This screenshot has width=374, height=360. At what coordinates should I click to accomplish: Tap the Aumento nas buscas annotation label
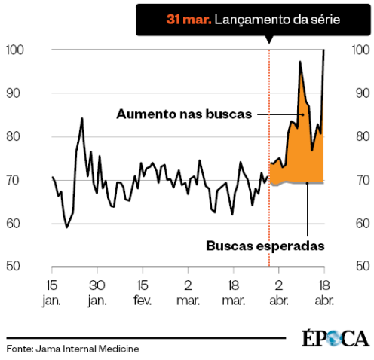pos(185,114)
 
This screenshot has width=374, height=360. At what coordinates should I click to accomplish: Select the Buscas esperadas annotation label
pos(265,246)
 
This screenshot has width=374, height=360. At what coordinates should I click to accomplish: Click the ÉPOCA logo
pos(336,339)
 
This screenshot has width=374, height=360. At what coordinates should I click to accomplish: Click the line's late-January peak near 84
pos(81,118)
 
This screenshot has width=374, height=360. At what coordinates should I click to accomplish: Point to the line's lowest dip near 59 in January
pos(66,227)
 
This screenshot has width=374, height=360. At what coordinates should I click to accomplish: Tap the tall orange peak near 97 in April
pos(300,62)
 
